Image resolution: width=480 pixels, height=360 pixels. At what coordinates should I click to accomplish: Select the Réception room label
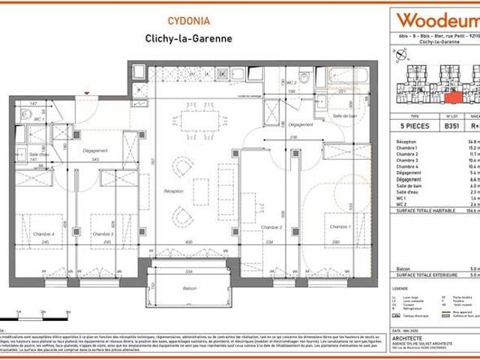[174, 191]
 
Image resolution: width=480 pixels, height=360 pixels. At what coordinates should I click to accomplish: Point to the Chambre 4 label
[33, 233]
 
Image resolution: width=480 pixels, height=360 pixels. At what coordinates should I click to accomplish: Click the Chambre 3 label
[101, 233]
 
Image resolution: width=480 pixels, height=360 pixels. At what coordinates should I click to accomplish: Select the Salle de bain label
[344, 115]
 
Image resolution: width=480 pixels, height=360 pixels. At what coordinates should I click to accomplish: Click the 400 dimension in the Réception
[189, 242]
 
